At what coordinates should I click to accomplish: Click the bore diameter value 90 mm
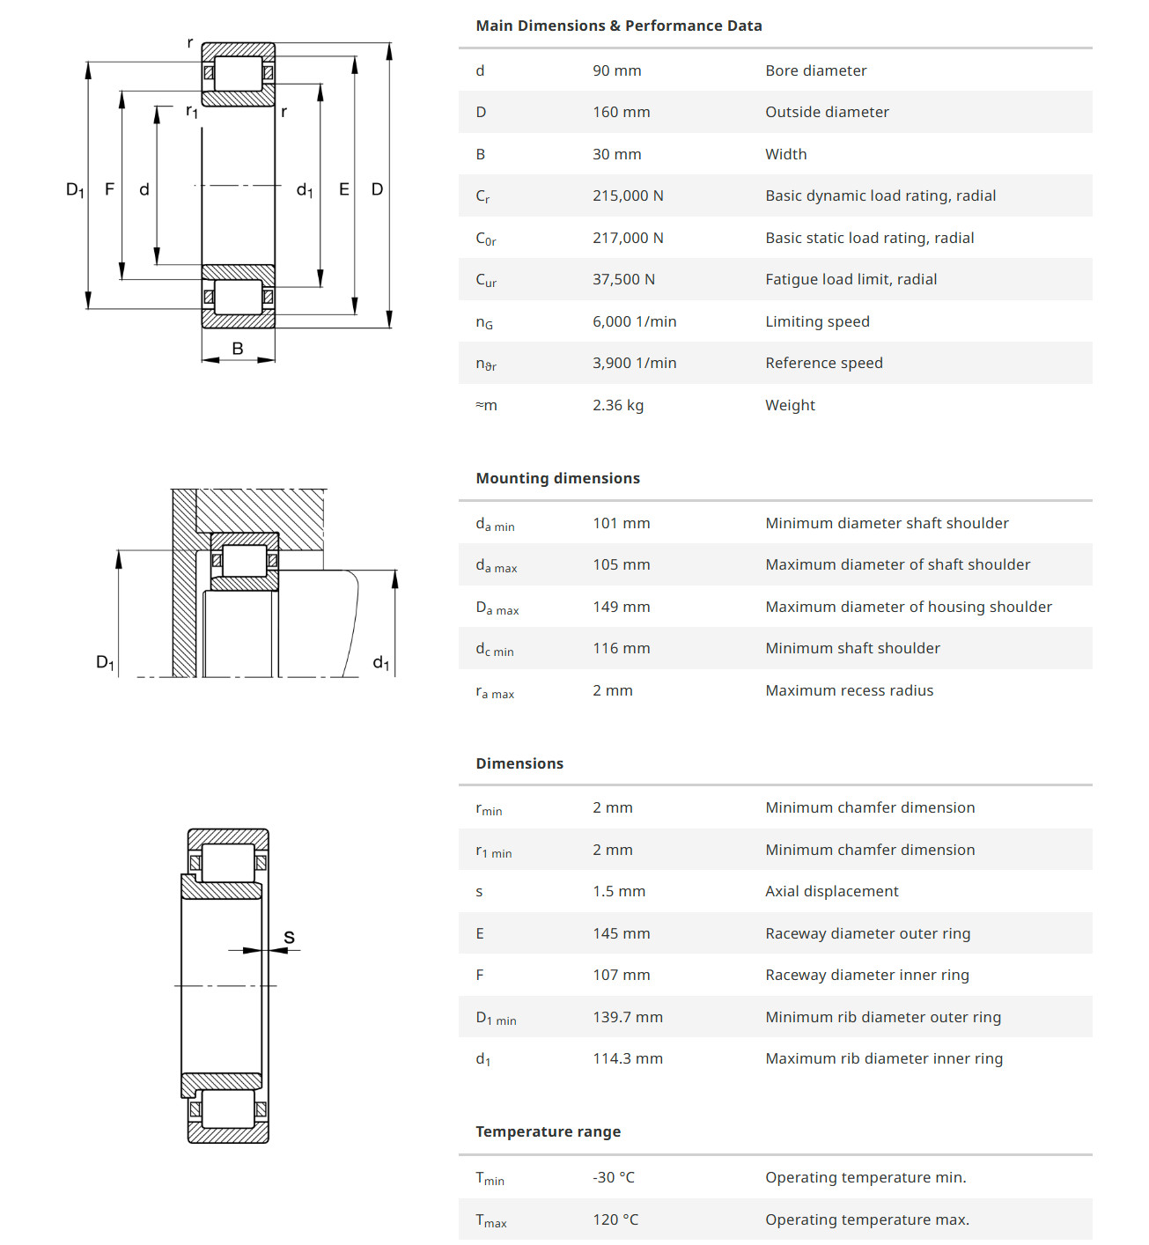[616, 70]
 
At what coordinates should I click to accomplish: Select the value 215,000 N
[628, 195]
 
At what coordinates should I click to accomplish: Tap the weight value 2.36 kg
[618, 405]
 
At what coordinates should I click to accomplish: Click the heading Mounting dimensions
[557, 478]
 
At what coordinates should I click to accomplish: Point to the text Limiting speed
[817, 321]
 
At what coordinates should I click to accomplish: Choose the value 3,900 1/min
[634, 363]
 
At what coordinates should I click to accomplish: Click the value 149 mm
[621, 607]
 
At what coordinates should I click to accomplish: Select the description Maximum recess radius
[849, 690]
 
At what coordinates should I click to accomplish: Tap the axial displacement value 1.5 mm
[619, 891]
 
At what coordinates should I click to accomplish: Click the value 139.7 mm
[628, 1017]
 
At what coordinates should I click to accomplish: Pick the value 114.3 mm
[628, 1058]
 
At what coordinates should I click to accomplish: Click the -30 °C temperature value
[614, 1177]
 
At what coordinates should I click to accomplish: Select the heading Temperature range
[548, 1131]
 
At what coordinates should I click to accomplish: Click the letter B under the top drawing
[238, 349]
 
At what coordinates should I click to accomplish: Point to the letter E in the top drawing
[344, 189]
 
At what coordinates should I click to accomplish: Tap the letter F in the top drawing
[109, 189]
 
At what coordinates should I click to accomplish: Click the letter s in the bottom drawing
[289, 938]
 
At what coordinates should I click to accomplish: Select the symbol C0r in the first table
[486, 239]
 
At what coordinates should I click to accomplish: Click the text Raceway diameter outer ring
[867, 933]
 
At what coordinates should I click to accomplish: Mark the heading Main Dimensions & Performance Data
[618, 26]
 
